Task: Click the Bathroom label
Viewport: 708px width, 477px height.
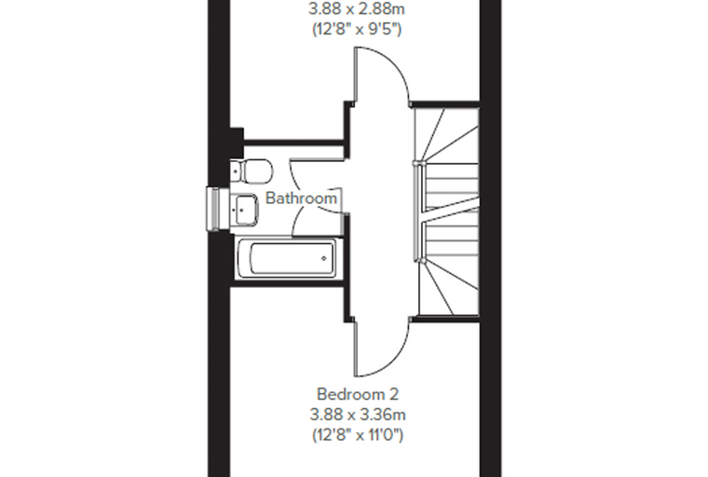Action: pos(301,198)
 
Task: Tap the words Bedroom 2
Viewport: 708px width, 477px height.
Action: pos(358,394)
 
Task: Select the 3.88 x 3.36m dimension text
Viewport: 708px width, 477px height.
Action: pos(358,415)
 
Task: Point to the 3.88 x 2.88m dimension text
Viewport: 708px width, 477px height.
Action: pos(357,9)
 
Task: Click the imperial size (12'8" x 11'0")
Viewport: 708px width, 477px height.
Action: pos(358,435)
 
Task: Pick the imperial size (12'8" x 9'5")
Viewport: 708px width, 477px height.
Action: pos(357,30)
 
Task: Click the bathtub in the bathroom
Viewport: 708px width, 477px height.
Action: pos(286,258)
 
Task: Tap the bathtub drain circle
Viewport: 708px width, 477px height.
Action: pos(324,258)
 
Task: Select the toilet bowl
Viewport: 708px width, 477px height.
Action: pos(258,170)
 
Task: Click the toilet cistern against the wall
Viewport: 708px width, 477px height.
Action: pos(237,171)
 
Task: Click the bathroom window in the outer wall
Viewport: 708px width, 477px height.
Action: pos(218,209)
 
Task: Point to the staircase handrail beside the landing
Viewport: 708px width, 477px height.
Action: pos(417,211)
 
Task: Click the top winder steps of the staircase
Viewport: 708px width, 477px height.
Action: pos(446,134)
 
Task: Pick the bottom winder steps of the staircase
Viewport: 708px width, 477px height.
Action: pos(448,287)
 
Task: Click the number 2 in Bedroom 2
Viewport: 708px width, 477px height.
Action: pos(394,394)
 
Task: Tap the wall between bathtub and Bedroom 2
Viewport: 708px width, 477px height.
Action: pos(289,283)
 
